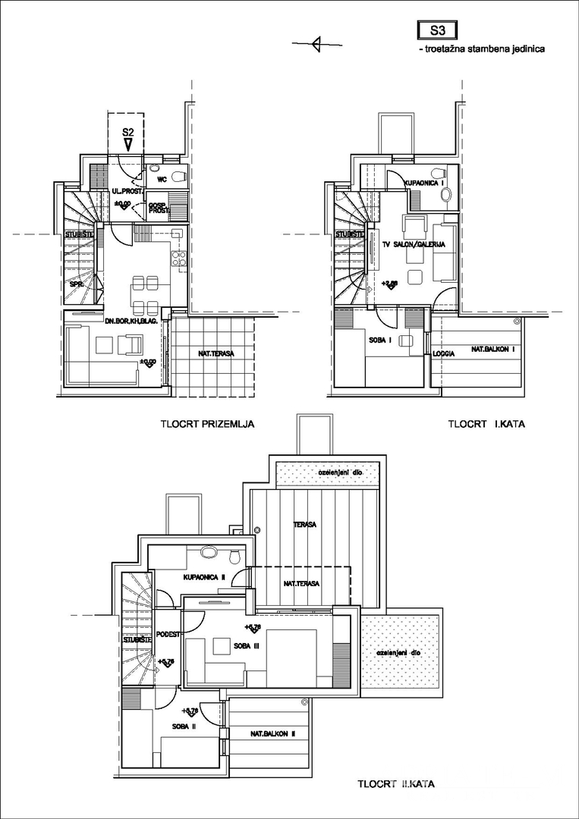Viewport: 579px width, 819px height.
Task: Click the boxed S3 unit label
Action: pyautogui.click(x=435, y=31)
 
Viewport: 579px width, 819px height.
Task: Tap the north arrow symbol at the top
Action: pyautogui.click(x=316, y=45)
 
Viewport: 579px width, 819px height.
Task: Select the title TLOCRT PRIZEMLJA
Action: pyautogui.click(x=206, y=425)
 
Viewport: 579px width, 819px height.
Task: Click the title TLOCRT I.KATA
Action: pyautogui.click(x=486, y=425)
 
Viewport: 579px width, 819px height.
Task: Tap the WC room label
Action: pyautogui.click(x=162, y=180)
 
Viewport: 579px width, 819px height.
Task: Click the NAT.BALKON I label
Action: pyautogui.click(x=493, y=350)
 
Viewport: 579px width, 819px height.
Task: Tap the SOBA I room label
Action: pyautogui.click(x=380, y=339)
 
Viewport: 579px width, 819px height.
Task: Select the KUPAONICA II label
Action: pyautogui.click(x=204, y=577)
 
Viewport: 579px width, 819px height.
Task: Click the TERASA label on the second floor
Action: pyautogui.click(x=305, y=524)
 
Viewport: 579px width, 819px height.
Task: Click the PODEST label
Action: pyautogui.click(x=168, y=634)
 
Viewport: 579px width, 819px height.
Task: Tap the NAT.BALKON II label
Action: pyautogui.click(x=272, y=734)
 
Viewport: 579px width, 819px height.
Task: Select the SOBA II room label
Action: pyautogui.click(x=181, y=726)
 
